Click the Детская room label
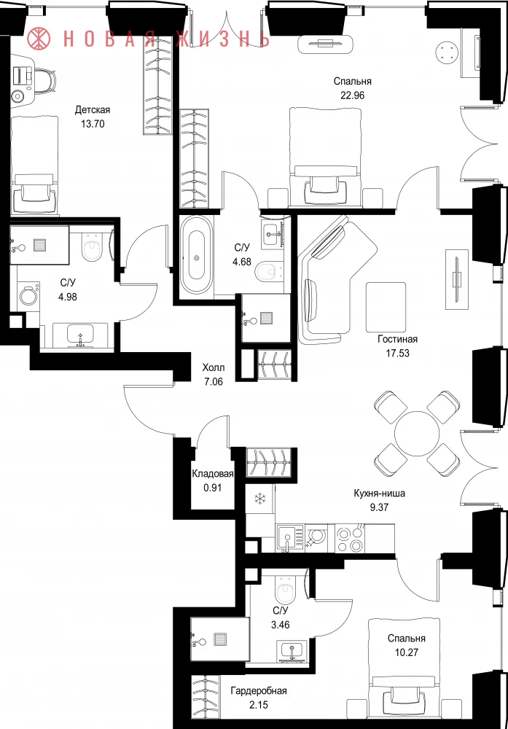(93, 110)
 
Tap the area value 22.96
(352, 95)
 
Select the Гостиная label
(397, 339)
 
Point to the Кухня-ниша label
(379, 494)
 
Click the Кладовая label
(212, 474)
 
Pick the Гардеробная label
(259, 691)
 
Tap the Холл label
(212, 367)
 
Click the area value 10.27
(407, 652)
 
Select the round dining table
(417, 434)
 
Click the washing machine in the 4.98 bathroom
(29, 295)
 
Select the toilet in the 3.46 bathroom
(285, 590)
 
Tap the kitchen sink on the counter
(289, 539)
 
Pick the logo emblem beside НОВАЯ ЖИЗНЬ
(39, 39)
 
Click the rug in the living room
(386, 307)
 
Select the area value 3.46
(281, 625)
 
